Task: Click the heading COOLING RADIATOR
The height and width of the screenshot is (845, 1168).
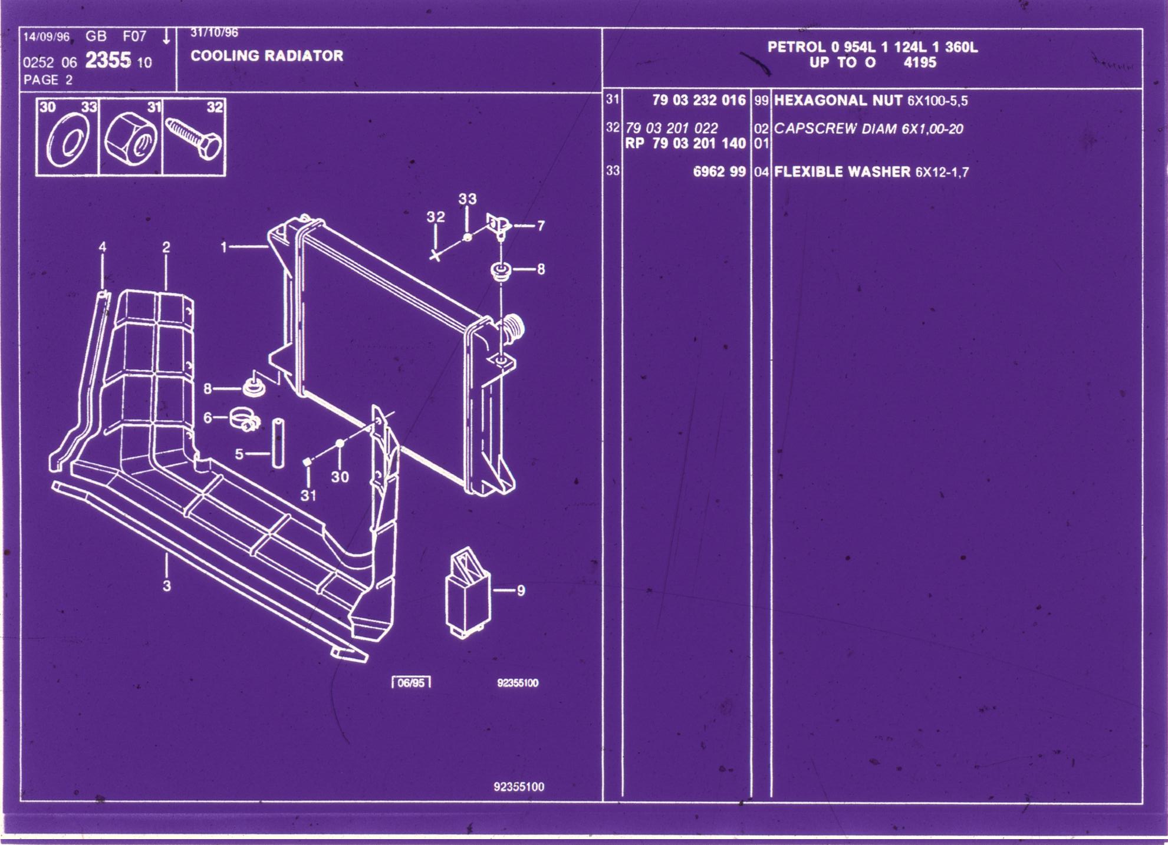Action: coord(266,56)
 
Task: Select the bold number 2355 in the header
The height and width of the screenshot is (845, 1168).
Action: coord(108,61)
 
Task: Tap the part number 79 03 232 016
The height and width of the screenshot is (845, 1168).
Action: coord(699,100)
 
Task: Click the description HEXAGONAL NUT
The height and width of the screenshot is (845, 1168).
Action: coord(838,100)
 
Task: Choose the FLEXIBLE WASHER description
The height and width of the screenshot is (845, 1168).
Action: coord(842,172)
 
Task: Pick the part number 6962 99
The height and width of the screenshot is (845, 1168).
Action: coord(719,172)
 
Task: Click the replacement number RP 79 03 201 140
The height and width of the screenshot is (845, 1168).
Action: coord(685,143)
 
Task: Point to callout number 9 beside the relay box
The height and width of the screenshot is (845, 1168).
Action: coord(521,590)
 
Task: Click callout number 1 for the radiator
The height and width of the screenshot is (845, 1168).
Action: coord(223,247)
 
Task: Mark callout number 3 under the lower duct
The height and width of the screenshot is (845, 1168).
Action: coord(167,586)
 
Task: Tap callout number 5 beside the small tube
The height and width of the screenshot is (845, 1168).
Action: coord(239,454)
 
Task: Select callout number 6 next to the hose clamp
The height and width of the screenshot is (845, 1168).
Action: coord(207,418)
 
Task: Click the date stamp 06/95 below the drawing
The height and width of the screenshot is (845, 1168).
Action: coord(411,683)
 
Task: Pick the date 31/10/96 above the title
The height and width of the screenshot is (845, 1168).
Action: coord(215,33)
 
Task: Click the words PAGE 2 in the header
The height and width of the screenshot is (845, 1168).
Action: coord(48,80)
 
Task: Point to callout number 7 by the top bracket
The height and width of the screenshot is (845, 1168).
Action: coord(541,226)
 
